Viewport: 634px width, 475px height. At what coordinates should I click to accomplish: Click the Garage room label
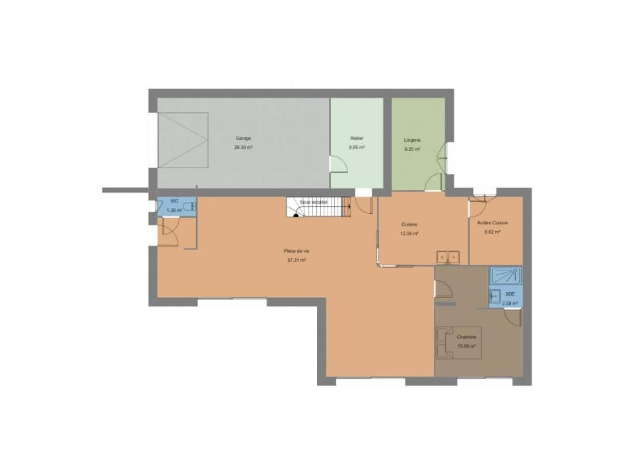click(242, 138)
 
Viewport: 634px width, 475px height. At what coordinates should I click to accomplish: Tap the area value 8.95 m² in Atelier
click(357, 148)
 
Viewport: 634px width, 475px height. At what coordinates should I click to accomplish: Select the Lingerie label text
click(413, 141)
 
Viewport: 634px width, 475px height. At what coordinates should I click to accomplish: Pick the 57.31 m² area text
click(296, 260)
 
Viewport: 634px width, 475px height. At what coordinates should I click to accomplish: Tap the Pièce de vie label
click(296, 251)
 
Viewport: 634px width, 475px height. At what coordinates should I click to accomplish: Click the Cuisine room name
click(409, 224)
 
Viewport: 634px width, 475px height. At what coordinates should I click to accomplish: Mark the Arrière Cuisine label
click(492, 223)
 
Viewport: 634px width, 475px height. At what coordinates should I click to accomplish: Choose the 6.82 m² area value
click(492, 232)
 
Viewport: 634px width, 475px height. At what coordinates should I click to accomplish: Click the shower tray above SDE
click(505, 274)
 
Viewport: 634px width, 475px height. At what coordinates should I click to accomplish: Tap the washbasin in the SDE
click(494, 296)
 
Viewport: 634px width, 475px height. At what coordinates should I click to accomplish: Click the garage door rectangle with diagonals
click(183, 141)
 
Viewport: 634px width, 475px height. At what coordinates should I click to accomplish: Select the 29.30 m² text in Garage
click(242, 148)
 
